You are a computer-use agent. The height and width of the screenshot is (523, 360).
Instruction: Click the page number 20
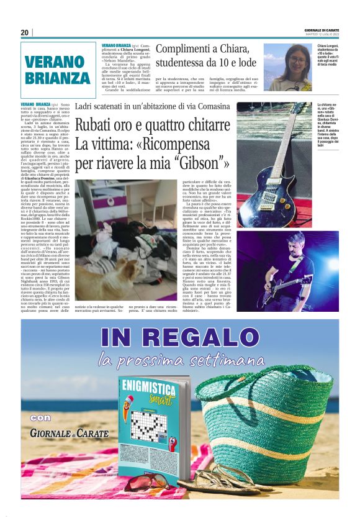(24, 33)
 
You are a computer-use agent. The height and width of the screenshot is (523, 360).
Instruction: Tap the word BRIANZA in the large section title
(58, 78)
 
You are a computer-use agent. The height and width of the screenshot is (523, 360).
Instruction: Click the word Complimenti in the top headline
(187, 48)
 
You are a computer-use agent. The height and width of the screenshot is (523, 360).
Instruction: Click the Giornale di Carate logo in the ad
(68, 432)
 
